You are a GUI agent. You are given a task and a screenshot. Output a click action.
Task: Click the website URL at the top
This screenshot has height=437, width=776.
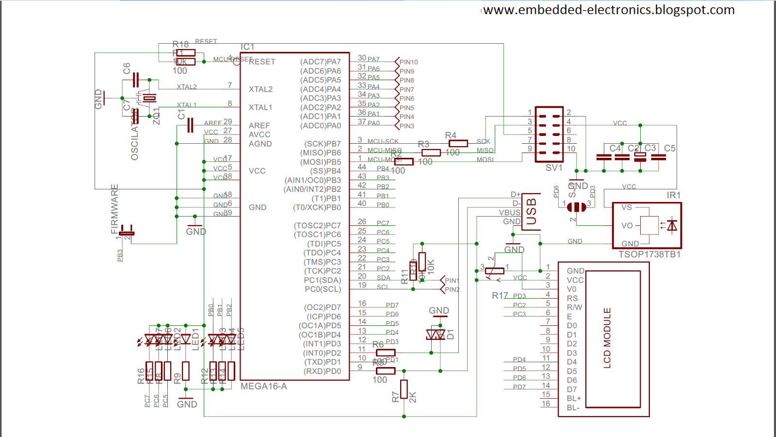(x=609, y=10)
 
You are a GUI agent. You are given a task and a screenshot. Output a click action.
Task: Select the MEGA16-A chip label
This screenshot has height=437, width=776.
(x=264, y=386)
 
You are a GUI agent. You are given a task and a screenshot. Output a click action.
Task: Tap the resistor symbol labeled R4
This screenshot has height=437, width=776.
(x=458, y=143)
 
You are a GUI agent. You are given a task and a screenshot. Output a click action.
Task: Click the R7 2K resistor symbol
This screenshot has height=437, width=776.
(x=404, y=389)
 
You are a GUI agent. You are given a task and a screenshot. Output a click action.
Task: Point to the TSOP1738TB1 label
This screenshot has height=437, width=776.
(x=649, y=254)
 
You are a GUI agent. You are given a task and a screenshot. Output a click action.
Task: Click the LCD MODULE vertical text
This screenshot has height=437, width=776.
(x=607, y=338)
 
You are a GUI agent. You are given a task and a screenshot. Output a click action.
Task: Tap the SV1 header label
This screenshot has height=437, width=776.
(x=554, y=168)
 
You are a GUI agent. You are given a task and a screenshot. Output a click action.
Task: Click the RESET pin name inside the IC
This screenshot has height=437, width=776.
(x=262, y=62)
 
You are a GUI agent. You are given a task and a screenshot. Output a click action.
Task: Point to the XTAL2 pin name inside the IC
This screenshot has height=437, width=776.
(x=260, y=89)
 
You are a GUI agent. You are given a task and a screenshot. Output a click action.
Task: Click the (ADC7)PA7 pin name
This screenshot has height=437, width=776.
(x=320, y=62)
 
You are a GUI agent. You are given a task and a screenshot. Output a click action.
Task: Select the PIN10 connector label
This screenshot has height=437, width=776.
(x=408, y=62)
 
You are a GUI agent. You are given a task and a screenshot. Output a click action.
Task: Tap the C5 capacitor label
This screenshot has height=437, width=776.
(x=669, y=148)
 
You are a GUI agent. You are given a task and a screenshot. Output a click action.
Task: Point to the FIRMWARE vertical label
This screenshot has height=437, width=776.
(x=114, y=209)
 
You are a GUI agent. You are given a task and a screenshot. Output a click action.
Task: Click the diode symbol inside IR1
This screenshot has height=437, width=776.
(x=672, y=225)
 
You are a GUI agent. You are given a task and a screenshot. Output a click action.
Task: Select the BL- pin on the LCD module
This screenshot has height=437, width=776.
(x=573, y=407)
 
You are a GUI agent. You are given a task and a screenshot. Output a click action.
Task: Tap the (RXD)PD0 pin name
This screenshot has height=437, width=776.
(x=322, y=371)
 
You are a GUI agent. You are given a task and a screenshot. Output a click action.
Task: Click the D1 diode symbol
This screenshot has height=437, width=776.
(x=436, y=335)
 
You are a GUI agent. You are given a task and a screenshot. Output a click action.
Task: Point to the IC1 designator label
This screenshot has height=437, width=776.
(x=247, y=47)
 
